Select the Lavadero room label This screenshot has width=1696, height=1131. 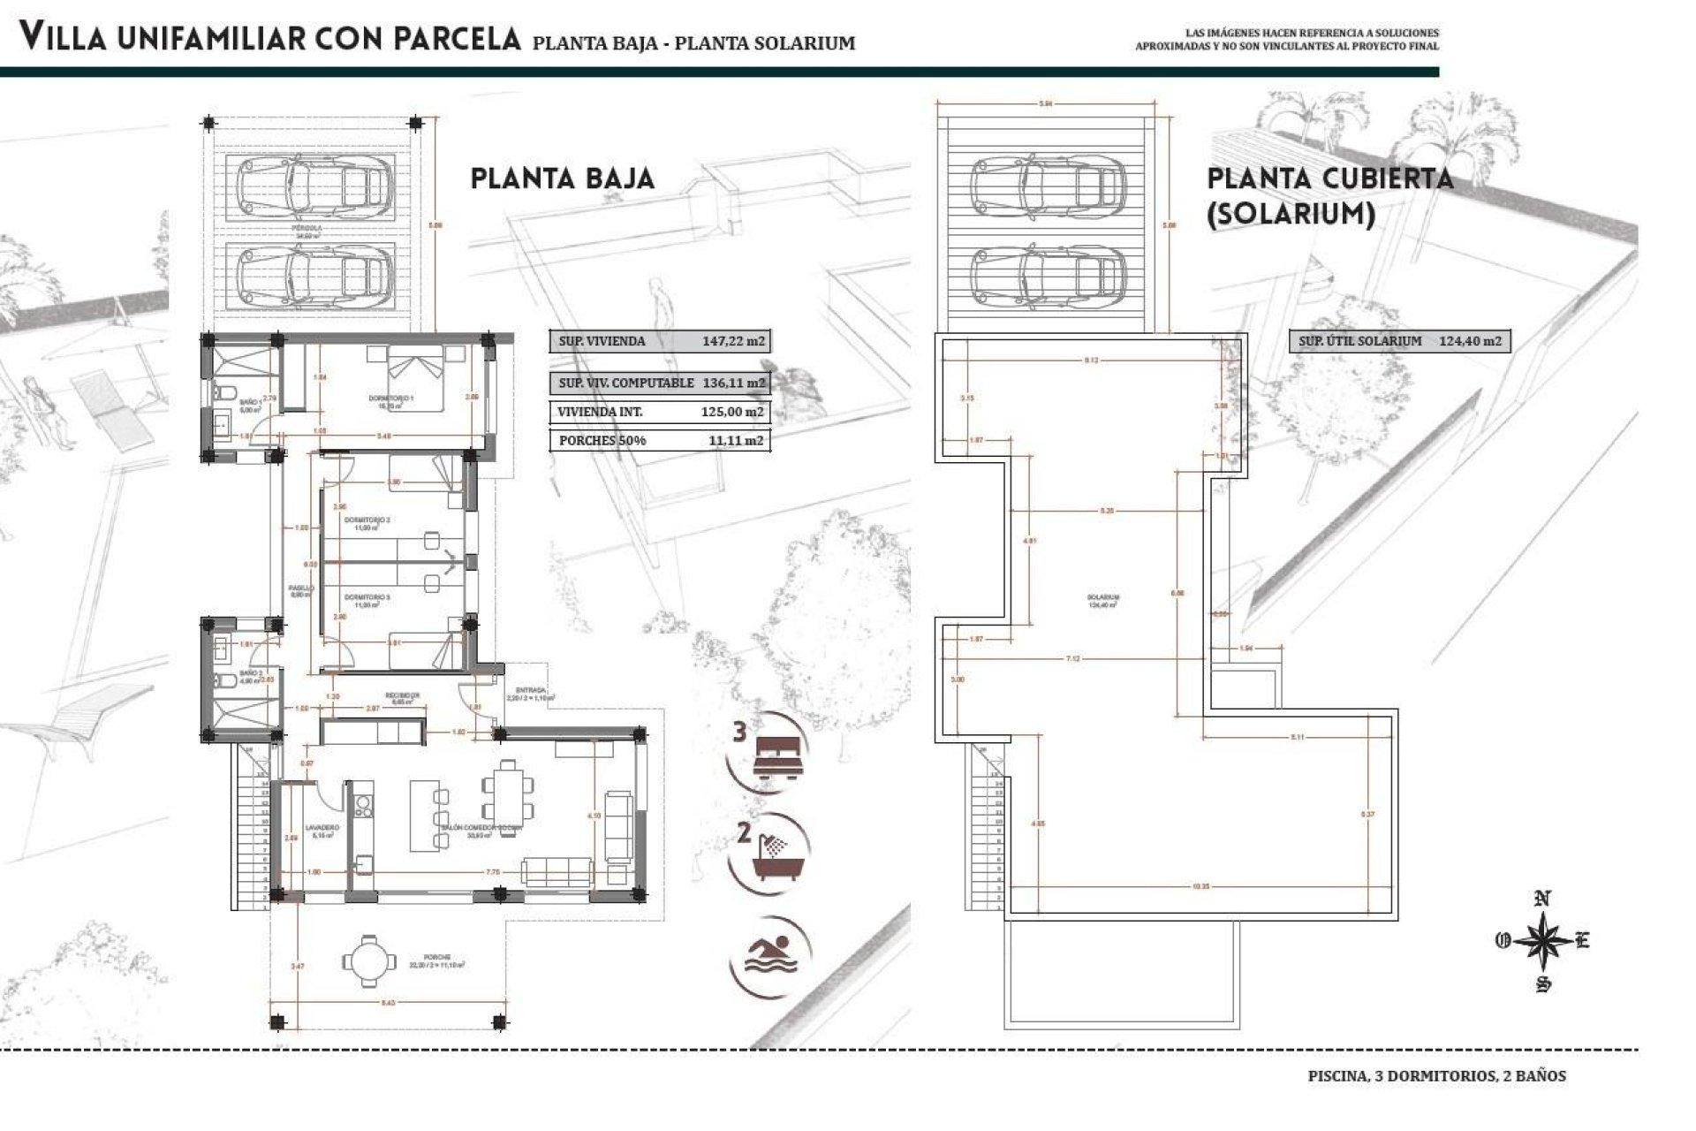point(317,828)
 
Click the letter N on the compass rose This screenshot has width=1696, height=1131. point(1542,899)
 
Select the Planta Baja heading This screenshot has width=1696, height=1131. point(562,178)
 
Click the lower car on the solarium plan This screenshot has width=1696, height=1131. point(1047,274)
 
